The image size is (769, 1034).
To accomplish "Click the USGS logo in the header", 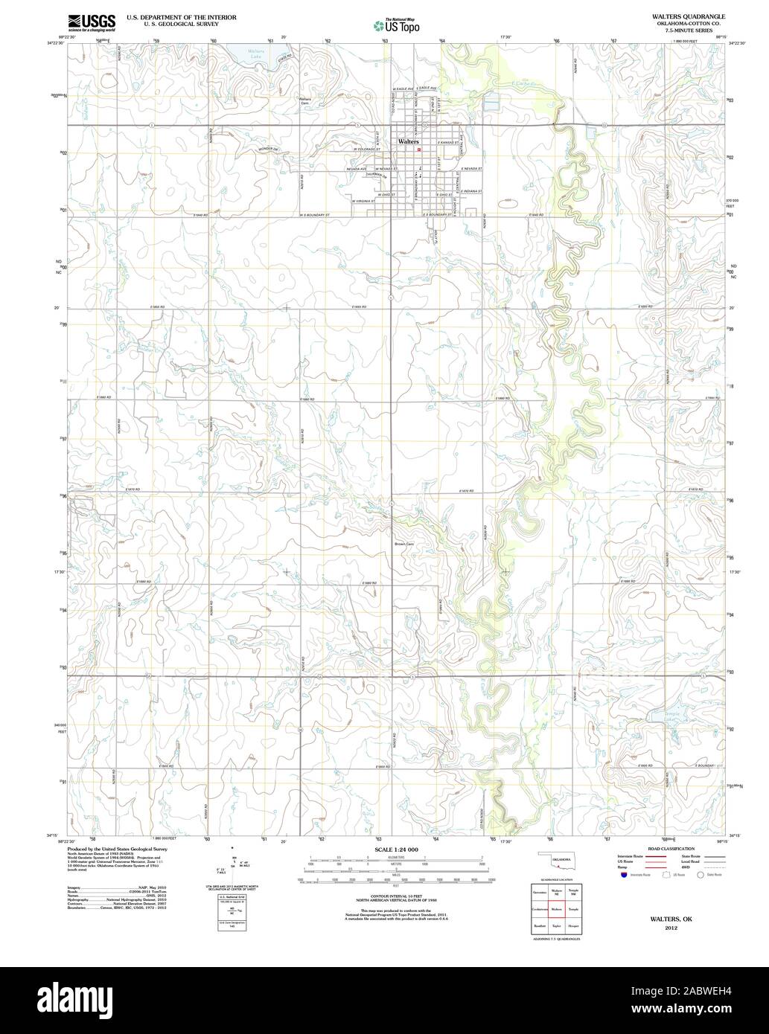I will click(92, 22).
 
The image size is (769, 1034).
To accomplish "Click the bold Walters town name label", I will click(408, 141).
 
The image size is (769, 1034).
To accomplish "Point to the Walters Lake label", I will click(255, 54).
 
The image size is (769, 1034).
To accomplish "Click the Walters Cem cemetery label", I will click(304, 101).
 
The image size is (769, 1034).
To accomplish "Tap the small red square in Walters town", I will click(419, 149).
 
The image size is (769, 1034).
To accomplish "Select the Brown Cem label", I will click(404, 544).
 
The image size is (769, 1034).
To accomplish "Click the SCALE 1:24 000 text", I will click(397, 848).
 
